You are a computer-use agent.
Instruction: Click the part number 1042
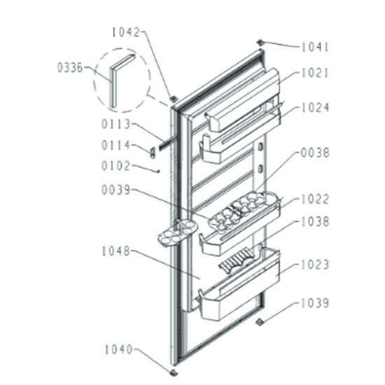pyautogui.click(x=126, y=32)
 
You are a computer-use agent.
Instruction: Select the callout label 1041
pyautogui.click(x=315, y=47)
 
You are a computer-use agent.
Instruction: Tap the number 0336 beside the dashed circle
pyautogui.click(x=70, y=67)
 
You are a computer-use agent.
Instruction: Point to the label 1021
pyautogui.click(x=315, y=73)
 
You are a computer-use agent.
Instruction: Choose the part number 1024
pyautogui.click(x=315, y=108)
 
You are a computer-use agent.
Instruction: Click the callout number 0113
pyautogui.click(x=115, y=124)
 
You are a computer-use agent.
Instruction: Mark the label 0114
pyautogui.click(x=115, y=145)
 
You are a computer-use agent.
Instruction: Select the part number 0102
pyautogui.click(x=115, y=166)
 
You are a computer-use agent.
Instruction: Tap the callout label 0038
pyautogui.click(x=315, y=153)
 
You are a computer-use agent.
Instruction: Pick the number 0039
pyautogui.click(x=115, y=190)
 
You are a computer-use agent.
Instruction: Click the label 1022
pyautogui.click(x=315, y=199)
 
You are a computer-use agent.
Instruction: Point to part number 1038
pyautogui.click(x=315, y=221)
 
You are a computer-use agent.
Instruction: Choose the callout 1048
pyautogui.click(x=115, y=251)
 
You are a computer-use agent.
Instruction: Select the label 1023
pyautogui.click(x=315, y=265)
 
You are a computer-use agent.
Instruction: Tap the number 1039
pyautogui.click(x=315, y=303)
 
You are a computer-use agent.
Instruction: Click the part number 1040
pyautogui.click(x=119, y=349)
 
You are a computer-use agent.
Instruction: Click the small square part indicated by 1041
pyautogui.click(x=260, y=42)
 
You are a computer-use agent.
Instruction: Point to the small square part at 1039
pyautogui.click(x=259, y=321)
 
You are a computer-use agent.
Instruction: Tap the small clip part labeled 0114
pyautogui.click(x=153, y=153)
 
